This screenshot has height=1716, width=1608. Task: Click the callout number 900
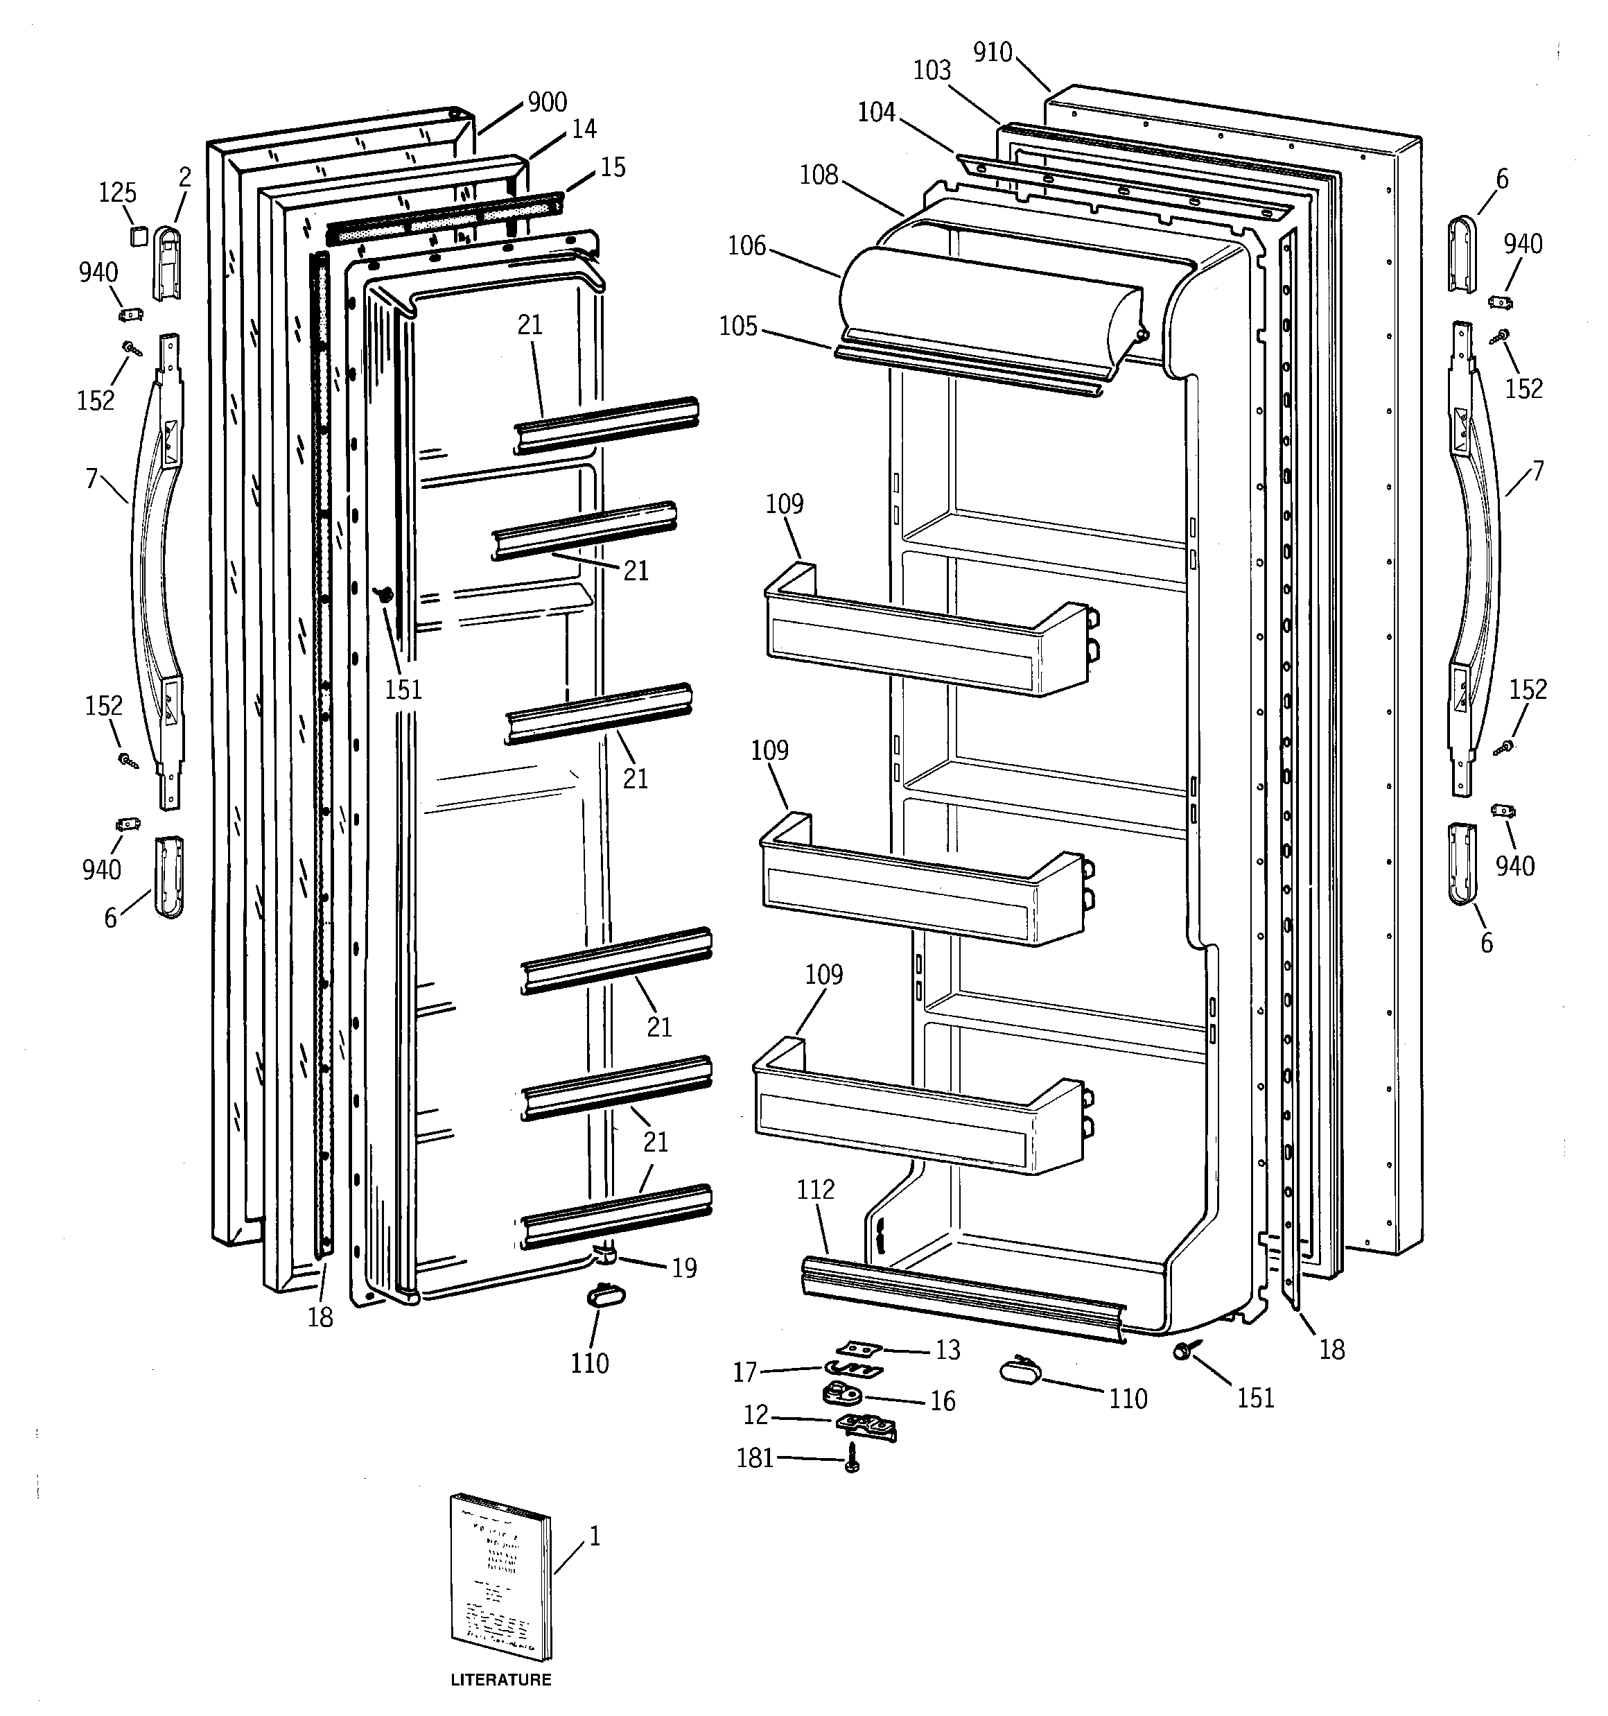(x=548, y=102)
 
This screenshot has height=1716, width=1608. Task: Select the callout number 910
(x=993, y=53)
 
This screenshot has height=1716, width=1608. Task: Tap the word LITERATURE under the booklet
(x=500, y=1680)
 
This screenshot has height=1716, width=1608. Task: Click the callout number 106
(x=746, y=246)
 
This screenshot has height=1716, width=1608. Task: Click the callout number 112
(x=816, y=1190)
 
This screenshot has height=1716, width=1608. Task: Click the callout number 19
(x=683, y=1268)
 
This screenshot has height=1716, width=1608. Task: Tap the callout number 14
(x=584, y=129)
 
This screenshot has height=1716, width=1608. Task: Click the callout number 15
(x=613, y=166)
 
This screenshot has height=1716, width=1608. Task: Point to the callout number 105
(x=738, y=327)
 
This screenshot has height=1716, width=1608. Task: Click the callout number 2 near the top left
(x=184, y=177)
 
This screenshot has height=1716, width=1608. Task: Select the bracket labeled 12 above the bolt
(x=866, y=1427)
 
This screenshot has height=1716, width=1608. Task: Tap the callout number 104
(x=876, y=112)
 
